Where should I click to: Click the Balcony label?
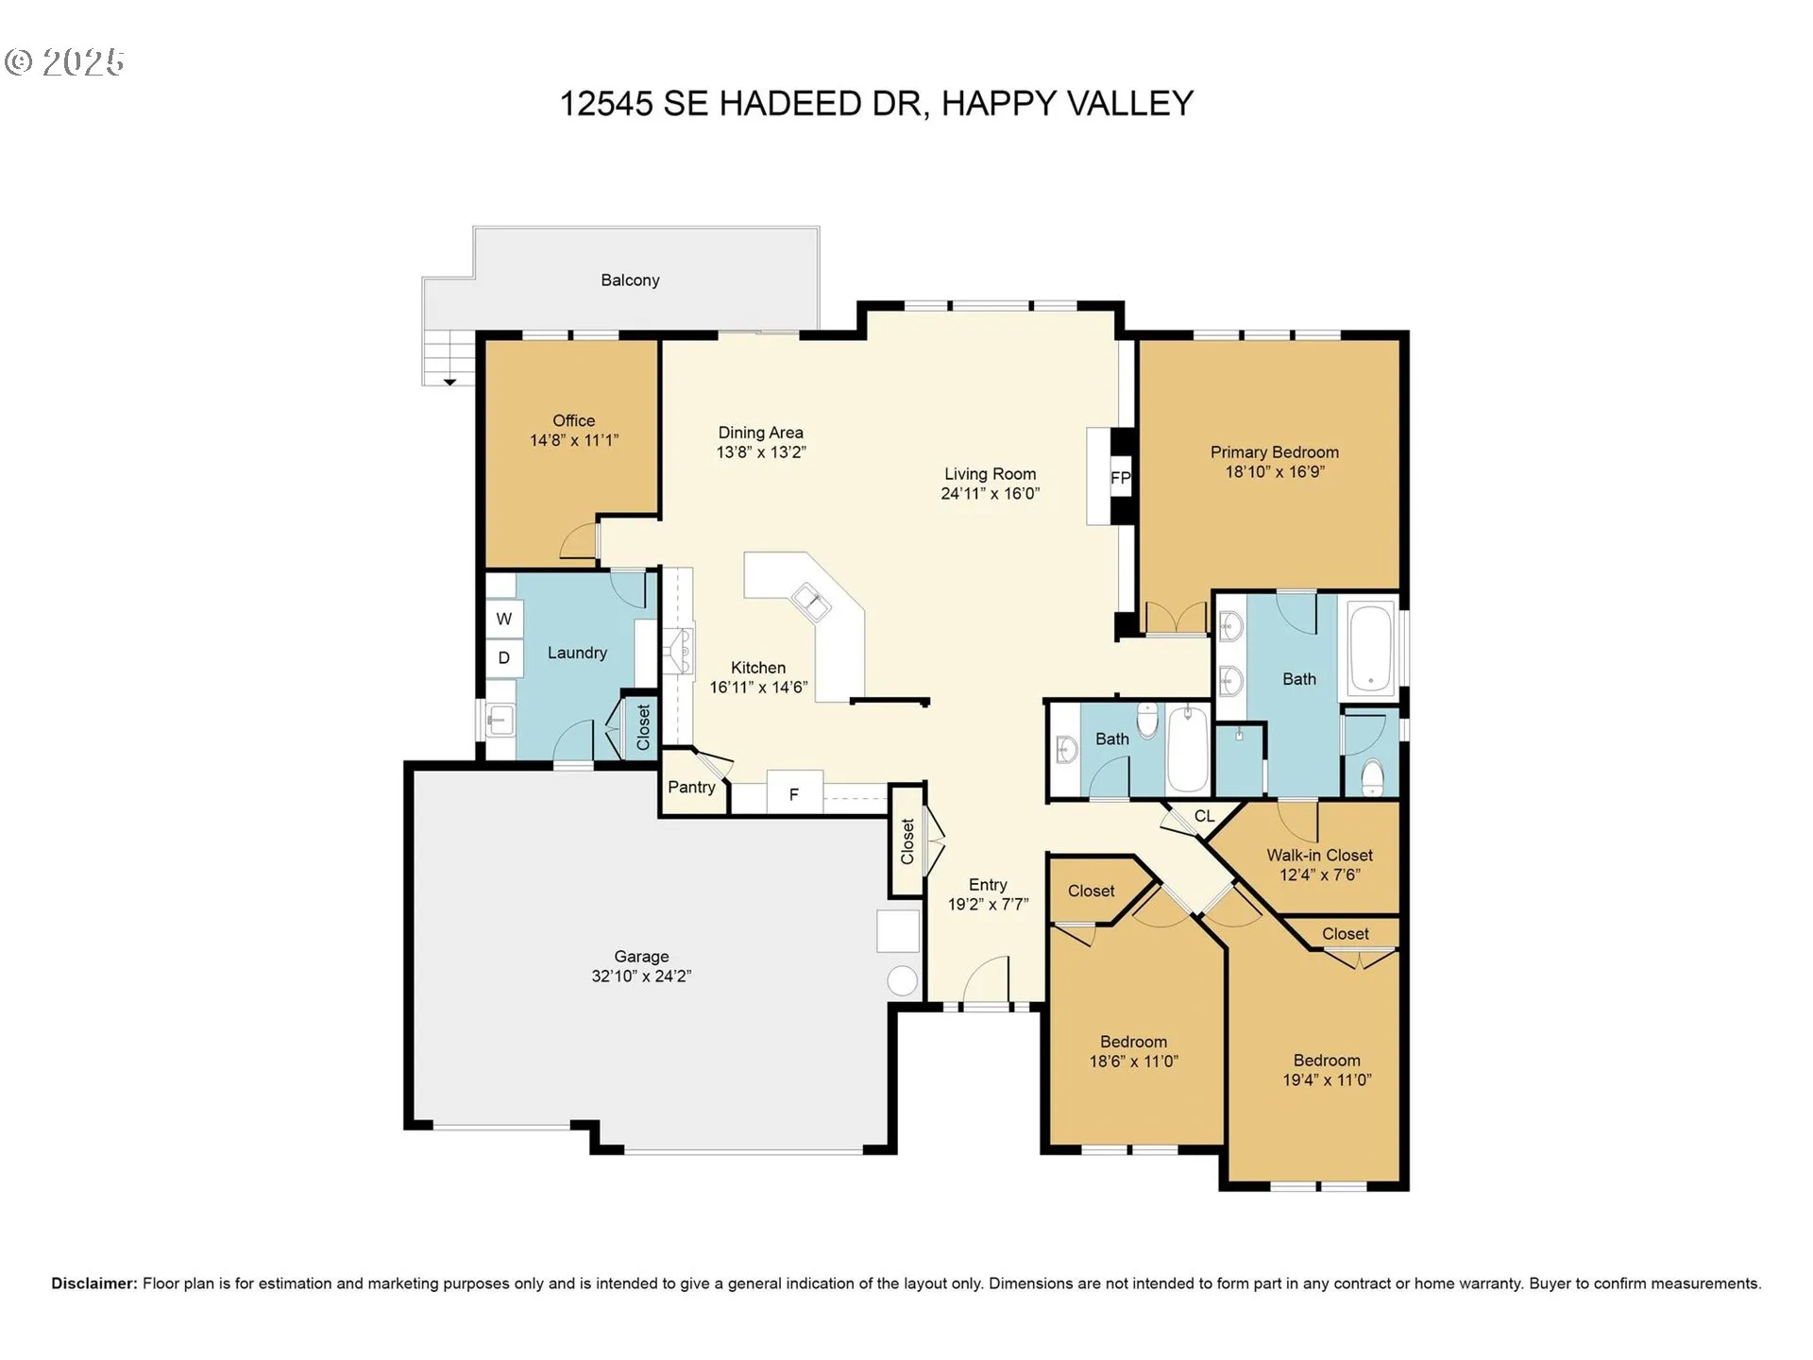tap(630, 280)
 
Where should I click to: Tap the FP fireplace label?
tap(1121, 478)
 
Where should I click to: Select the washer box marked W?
tap(503, 619)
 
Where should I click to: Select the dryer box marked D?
tap(503, 657)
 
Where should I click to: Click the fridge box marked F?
tap(794, 793)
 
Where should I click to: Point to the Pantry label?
tap(691, 787)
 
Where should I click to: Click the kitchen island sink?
tap(811, 602)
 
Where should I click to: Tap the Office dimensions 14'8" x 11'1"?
tap(574, 440)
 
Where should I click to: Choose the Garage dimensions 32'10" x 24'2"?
tap(641, 977)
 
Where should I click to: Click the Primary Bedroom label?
tap(1275, 452)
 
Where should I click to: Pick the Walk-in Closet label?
tap(1319, 855)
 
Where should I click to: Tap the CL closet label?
tap(1204, 816)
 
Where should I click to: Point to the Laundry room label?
tap(577, 653)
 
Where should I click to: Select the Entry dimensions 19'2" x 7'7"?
tap(988, 904)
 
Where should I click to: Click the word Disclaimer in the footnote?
tap(94, 1283)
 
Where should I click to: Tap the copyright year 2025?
tap(83, 62)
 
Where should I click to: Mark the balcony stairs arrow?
tap(450, 382)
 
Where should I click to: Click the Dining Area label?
tap(761, 433)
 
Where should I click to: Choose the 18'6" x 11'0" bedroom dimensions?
tap(1133, 1061)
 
